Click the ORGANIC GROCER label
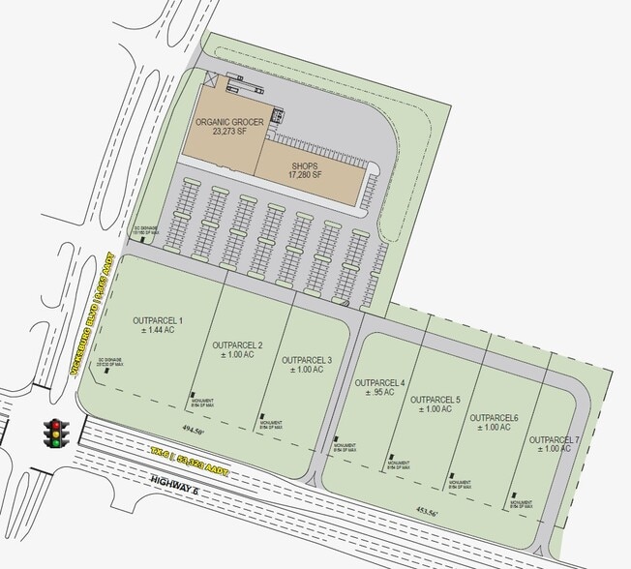229,122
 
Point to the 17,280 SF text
305,177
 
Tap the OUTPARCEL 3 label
307,360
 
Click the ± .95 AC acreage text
379,394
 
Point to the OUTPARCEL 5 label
436,400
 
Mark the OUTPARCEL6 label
495,418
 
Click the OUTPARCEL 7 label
555,440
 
